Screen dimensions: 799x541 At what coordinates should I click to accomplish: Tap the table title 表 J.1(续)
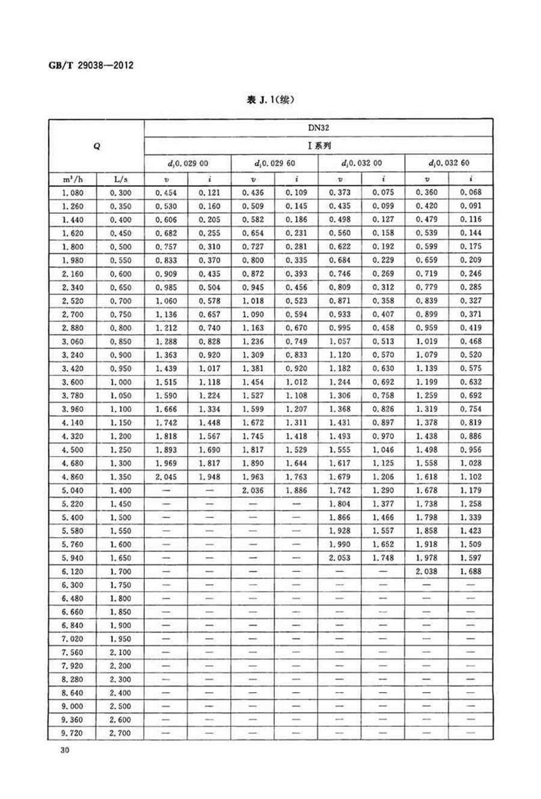point(270,100)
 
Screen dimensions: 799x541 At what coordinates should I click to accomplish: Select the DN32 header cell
point(319,127)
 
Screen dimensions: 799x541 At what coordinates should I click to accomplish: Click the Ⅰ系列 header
point(319,145)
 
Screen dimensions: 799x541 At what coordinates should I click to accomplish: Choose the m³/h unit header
point(73,179)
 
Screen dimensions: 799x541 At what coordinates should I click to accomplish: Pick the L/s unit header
point(120,179)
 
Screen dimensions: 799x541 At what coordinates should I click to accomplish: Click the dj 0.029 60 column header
point(275,163)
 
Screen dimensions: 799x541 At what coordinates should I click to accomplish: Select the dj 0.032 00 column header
point(361,163)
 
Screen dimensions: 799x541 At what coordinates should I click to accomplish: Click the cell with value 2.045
point(167,477)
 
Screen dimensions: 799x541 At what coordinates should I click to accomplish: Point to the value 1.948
point(209,477)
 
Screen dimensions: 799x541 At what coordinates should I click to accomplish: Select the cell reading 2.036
point(253,490)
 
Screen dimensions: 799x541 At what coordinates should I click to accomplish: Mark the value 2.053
point(340,558)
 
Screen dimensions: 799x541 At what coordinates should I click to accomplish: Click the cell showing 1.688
point(471,571)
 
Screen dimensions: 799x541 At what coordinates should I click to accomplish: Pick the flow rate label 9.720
point(73,734)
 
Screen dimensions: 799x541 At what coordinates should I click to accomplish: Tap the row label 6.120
point(73,571)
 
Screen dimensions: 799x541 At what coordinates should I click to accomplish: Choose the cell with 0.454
point(167,193)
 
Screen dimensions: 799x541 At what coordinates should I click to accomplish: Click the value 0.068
point(471,193)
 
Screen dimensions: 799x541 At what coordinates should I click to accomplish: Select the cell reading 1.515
point(167,382)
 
